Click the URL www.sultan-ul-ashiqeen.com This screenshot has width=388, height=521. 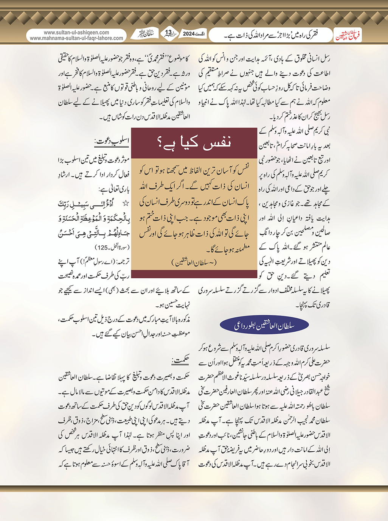coord(76,33)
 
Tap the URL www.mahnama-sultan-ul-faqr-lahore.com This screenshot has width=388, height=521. coord(76,38)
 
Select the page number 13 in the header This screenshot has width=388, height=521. coord(168,33)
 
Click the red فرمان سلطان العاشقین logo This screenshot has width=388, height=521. coord(348,36)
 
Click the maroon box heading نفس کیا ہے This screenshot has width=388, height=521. coord(194,143)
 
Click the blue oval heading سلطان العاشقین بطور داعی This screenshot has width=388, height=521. coord(264,325)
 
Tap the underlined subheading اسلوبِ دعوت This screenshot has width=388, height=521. coord(112,142)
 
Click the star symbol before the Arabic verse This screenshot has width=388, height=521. coord(126,204)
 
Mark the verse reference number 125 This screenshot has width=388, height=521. coord(103,247)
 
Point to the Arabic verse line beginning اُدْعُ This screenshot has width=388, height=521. coord(95,204)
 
